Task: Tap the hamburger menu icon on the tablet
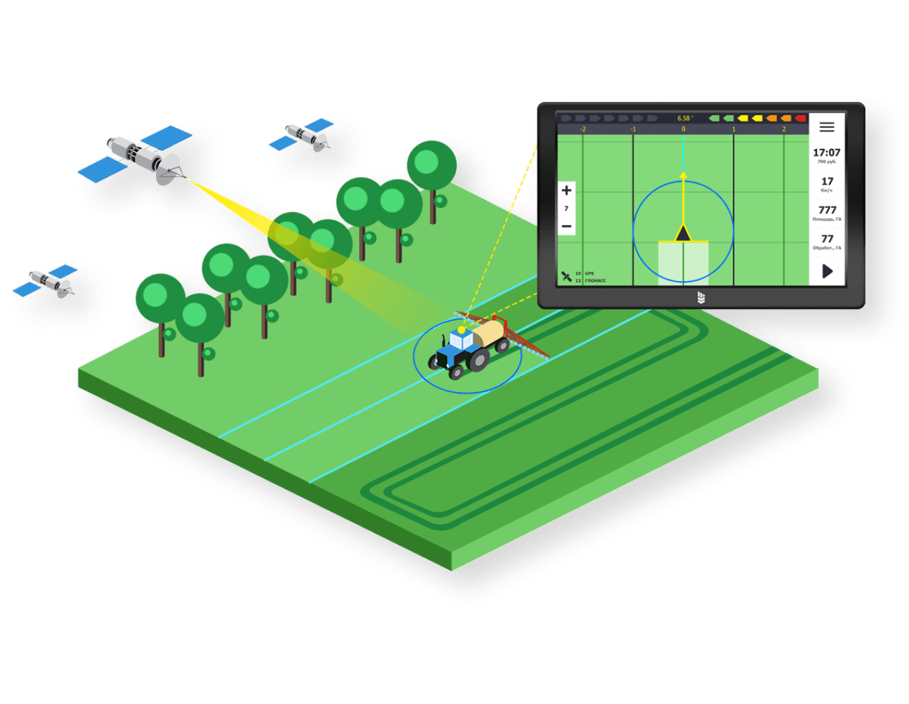pos(827,127)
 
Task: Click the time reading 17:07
pos(827,152)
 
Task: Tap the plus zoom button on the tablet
pos(566,190)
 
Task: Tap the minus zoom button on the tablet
pos(566,226)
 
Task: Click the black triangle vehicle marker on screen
pos(683,233)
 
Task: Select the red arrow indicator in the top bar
pos(800,118)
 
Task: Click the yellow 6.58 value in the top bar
pos(684,118)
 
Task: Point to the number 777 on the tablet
pos(827,210)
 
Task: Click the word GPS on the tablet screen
pos(589,273)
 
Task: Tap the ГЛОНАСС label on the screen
pos(595,280)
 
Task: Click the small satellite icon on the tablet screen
pos(566,277)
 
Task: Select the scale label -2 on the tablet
pos(582,129)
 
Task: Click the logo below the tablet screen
pos(700,298)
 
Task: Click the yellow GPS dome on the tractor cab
pos(462,330)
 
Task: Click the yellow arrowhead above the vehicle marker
pos(683,174)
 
